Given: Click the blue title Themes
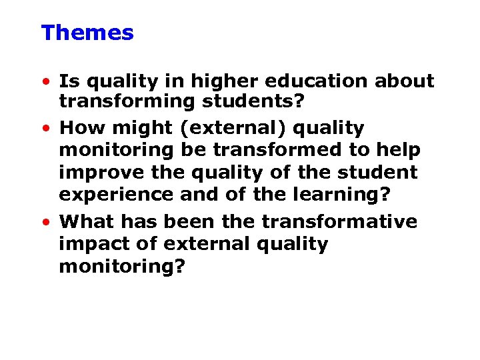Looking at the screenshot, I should coord(87,33).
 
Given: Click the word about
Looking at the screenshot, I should coord(403,81).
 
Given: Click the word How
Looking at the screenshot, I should coord(80,127).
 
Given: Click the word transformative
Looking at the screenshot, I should coord(339,221).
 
